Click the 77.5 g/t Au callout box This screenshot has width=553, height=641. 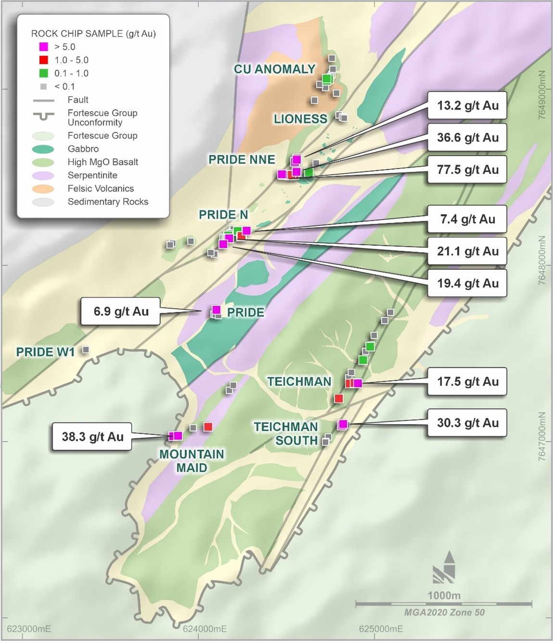467,169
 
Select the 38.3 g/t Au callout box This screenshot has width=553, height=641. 92,437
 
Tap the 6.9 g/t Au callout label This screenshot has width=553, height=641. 121,311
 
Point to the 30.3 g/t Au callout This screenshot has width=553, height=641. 467,423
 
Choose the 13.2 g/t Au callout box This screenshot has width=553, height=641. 467,105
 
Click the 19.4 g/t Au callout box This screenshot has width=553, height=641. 467,283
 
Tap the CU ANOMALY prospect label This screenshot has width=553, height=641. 274,69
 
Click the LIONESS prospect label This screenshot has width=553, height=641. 300,119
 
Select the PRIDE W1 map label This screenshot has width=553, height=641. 45,352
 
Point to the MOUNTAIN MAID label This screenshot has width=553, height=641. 191,461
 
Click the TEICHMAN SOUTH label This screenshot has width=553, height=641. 286,434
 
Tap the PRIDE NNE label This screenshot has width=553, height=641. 241,159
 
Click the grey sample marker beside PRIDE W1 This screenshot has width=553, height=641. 86,350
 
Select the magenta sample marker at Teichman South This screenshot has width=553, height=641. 343,424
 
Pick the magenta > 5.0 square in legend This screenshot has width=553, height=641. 44,47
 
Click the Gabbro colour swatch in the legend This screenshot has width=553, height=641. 43,149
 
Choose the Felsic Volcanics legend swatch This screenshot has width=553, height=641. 43,189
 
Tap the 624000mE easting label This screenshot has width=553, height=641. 204,629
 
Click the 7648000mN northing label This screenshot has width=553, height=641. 542,260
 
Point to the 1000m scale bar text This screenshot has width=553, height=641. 443,595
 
